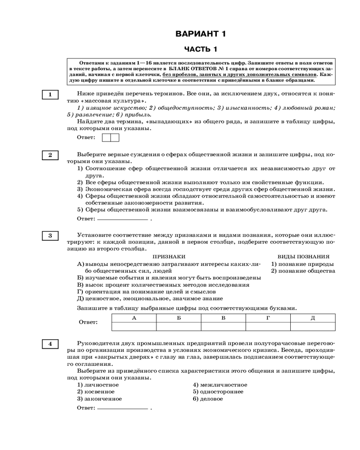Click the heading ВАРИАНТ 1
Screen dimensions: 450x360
pos(200,34)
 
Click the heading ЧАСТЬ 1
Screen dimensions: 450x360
pos(201,49)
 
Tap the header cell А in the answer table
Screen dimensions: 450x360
pos(134,318)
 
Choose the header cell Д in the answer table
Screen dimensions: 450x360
pos(313,318)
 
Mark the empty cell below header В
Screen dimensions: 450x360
pos(223,326)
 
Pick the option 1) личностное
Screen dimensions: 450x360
pos(98,385)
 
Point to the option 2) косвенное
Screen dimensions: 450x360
pos(96,391)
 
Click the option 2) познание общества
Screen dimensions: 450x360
pos(303,271)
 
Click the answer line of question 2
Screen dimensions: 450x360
pos(122,220)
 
